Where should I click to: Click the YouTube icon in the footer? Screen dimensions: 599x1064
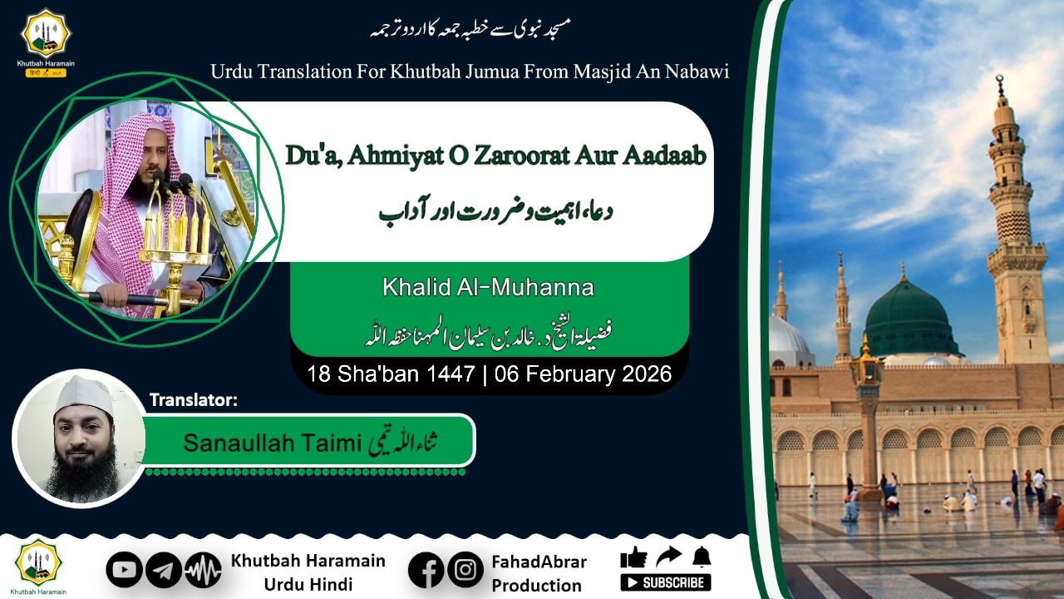pyautogui.click(x=124, y=570)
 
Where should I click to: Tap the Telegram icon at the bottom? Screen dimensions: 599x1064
pyautogui.click(x=164, y=570)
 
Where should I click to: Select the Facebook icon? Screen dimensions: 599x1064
pyautogui.click(x=426, y=570)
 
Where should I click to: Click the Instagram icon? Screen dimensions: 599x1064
pyautogui.click(x=465, y=570)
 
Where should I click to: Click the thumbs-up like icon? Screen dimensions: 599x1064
pyautogui.click(x=633, y=557)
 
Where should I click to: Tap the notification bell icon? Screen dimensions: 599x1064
pyautogui.click(x=702, y=556)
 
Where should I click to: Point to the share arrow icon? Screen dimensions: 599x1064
pyautogui.click(x=667, y=556)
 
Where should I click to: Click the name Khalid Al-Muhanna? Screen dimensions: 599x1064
pyautogui.click(x=488, y=289)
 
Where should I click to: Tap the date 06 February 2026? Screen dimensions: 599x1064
pyautogui.click(x=583, y=374)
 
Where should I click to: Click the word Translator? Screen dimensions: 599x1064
pyautogui.click(x=193, y=400)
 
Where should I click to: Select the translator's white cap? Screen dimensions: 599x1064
pyautogui.click(x=83, y=393)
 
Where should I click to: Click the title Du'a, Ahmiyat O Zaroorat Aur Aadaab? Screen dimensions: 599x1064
pyautogui.click(x=495, y=156)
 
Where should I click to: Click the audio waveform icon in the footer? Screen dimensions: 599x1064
pyautogui.click(x=203, y=570)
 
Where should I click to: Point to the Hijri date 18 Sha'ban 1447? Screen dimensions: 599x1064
pyautogui.click(x=390, y=374)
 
